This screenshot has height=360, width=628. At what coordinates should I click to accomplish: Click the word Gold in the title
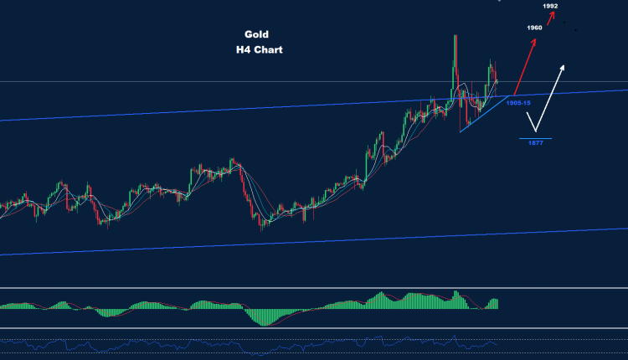[x=256, y=35]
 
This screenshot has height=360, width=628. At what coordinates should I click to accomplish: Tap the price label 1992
[x=550, y=7]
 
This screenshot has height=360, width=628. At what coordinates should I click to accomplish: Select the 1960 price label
[x=535, y=28]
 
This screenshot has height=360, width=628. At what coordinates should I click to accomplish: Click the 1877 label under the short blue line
[x=535, y=143]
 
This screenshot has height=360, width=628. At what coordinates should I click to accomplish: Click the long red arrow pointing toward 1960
[x=526, y=64]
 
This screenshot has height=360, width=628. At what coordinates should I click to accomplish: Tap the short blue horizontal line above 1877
[x=535, y=137]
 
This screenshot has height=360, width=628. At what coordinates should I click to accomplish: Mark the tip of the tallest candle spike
[x=454, y=36]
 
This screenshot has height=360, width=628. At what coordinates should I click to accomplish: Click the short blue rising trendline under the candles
[x=481, y=116]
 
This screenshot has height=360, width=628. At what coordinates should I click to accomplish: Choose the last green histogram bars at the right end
[x=494, y=303]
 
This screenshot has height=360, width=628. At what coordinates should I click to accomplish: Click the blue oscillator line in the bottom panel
[x=251, y=343]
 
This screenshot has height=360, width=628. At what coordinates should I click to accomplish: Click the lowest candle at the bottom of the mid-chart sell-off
[x=261, y=224]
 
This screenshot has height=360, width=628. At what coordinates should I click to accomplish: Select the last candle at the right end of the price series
[x=497, y=80]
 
